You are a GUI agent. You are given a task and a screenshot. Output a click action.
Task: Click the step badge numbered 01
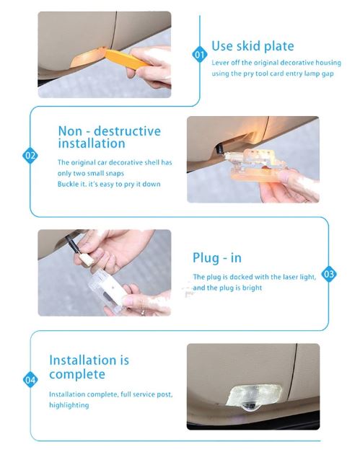point(200,55)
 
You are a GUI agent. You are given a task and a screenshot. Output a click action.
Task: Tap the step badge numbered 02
point(30,156)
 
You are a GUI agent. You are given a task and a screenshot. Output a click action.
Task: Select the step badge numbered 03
point(329,274)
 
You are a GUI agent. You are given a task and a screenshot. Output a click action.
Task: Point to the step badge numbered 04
point(30,380)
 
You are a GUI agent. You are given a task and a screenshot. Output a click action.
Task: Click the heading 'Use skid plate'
point(253,46)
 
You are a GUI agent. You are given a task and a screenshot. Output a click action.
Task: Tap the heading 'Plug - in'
point(217,258)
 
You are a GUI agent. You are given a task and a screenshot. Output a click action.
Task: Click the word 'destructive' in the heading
point(127,131)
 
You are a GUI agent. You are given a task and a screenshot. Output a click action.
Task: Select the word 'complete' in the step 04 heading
point(77,374)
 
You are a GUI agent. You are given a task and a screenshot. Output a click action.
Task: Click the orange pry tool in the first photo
point(127,59)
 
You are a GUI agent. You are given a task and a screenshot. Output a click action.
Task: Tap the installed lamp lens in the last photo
point(254,396)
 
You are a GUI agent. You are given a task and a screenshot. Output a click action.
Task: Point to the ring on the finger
point(142,312)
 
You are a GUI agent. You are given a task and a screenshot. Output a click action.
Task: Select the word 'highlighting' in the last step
point(69,405)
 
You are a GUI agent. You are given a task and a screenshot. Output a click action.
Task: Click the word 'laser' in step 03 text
point(290,277)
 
